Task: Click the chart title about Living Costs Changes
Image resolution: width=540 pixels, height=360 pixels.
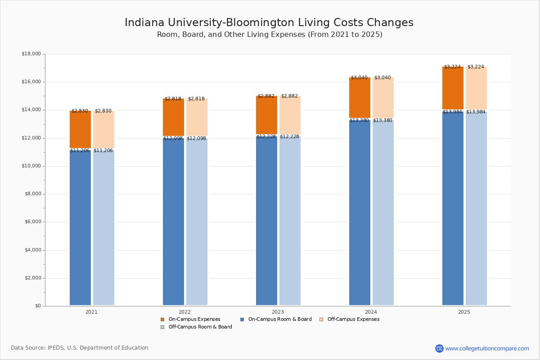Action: pos(269,23)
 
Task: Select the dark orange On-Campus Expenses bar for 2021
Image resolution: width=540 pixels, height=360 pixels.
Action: pos(80,130)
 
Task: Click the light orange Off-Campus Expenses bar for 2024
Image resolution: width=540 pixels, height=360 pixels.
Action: pos(383,98)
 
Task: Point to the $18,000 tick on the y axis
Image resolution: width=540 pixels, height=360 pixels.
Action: pos(31,54)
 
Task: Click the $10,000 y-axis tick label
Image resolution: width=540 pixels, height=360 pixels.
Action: pos(31,166)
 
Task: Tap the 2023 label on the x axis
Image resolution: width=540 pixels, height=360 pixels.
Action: pos(278,312)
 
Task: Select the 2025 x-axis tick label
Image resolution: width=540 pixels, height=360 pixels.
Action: pos(464,312)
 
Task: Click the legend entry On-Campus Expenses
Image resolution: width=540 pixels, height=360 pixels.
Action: pos(194,319)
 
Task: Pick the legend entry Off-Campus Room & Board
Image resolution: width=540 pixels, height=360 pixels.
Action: pos(200,327)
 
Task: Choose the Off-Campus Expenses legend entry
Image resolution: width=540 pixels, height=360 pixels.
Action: pos(353,319)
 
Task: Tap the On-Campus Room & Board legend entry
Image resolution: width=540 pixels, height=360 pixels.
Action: pos(279,319)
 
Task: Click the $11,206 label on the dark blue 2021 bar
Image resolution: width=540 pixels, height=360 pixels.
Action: pos(80,151)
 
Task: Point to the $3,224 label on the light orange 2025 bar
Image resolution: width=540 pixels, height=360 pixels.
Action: pos(476,67)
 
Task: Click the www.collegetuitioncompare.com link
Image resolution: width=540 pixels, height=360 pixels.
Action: pos(487,348)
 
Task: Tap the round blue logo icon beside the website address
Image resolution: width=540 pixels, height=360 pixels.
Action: pos(439,348)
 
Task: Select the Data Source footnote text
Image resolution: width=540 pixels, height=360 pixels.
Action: pos(80,348)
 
